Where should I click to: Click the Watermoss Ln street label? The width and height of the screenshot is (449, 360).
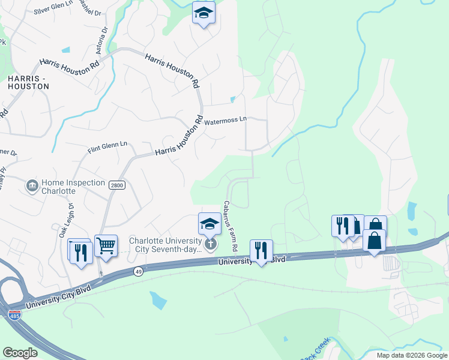tap(226, 121)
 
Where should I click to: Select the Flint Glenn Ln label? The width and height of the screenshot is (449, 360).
tap(108, 145)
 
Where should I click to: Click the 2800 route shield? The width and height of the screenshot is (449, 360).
tap(116, 185)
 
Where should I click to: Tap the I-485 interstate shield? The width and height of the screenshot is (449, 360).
tap(13, 314)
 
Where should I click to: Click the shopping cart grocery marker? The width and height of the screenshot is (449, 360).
tap(106, 245)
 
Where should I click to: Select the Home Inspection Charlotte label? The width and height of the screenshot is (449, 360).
tap(58, 187)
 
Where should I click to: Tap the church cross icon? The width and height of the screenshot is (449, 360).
tap(210, 244)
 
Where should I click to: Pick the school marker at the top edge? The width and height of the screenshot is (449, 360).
tap(203, 12)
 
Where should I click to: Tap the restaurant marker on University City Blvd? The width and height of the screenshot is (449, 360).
tap(261, 250)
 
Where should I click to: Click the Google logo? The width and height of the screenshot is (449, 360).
tap(20, 353)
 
